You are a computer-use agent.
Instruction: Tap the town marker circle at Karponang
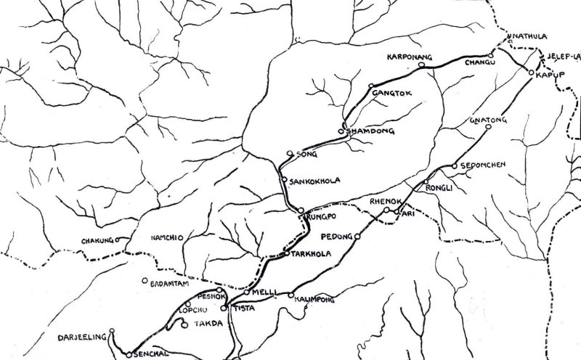422,66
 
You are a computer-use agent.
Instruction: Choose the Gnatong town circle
488,126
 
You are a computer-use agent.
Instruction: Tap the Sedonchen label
484,165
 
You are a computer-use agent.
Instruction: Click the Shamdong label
370,131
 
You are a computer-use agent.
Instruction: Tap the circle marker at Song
290,153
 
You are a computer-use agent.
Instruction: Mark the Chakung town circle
118,239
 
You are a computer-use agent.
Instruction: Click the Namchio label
166,237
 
